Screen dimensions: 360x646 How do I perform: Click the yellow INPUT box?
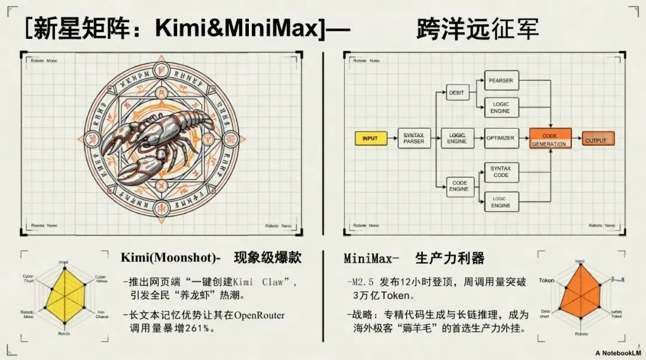click(x=370, y=139)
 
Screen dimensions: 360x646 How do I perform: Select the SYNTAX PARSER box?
click(x=413, y=139)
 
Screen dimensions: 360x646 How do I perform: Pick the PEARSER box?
click(x=501, y=80)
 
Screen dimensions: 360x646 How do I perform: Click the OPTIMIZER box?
click(x=500, y=138)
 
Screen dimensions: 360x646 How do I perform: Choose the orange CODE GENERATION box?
click(x=550, y=139)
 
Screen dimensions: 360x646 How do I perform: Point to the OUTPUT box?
click(x=598, y=140)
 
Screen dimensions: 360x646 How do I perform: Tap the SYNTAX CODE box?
click(x=501, y=172)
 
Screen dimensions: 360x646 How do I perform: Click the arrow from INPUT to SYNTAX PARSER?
click(x=392, y=139)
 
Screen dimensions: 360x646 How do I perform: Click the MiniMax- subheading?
click(x=371, y=259)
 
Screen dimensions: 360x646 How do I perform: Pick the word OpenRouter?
click(x=260, y=315)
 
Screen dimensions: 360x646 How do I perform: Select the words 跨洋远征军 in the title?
click(x=477, y=29)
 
